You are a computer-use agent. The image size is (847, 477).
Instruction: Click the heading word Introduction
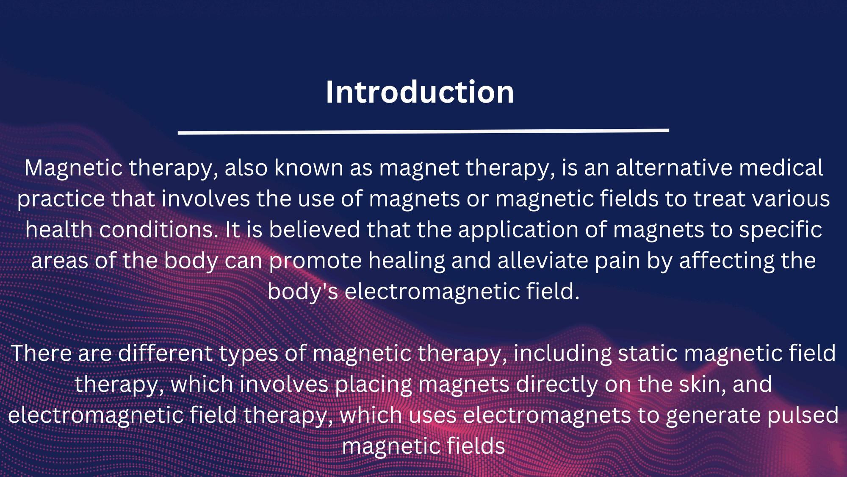click(x=420, y=92)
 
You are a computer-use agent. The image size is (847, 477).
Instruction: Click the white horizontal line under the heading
click(x=423, y=132)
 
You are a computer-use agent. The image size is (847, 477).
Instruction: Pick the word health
click(x=59, y=229)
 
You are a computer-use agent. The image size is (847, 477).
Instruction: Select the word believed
click(x=314, y=229)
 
